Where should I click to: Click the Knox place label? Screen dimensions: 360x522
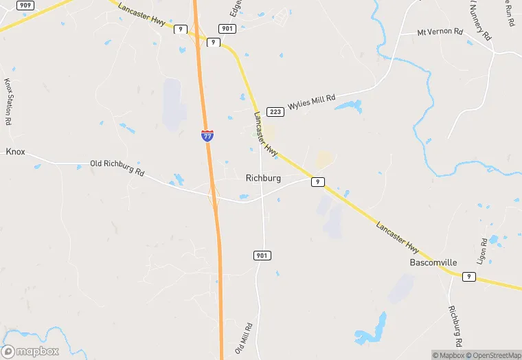pos(15,151)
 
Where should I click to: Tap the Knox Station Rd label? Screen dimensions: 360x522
pos(9,101)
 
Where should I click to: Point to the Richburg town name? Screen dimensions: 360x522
pos(263,178)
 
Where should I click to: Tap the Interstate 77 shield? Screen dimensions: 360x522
pos(207,135)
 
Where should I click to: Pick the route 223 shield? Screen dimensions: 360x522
pos(274,111)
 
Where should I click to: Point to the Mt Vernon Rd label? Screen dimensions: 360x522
pos(440,32)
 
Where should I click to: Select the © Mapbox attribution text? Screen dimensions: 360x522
pos(448,355)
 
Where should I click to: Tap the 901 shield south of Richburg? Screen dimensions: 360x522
pos(261,256)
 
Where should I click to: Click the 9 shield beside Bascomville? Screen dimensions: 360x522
pos(468,276)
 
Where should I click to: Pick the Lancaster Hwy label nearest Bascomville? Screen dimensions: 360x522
pos(398,237)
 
